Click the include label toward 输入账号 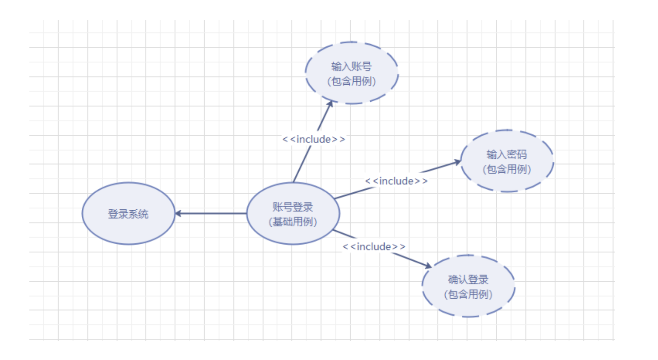(x=314, y=139)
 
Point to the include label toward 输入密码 (x=396, y=181)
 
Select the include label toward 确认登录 (x=374, y=246)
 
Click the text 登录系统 (x=128, y=214)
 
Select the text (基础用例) (x=293, y=222)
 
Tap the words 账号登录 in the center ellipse (x=293, y=207)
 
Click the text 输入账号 (x=352, y=66)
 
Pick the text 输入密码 (x=507, y=154)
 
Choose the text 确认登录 (x=468, y=280)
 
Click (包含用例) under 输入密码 (x=507, y=169)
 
